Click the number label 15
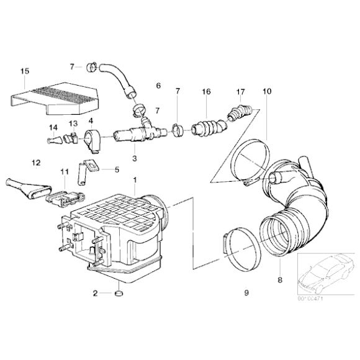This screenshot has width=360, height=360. pos(24,71)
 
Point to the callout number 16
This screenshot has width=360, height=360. pos(205,92)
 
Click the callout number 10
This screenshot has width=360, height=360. pos(267,92)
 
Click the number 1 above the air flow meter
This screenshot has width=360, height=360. pos(135,179)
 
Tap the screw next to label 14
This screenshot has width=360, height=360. pos(53,141)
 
